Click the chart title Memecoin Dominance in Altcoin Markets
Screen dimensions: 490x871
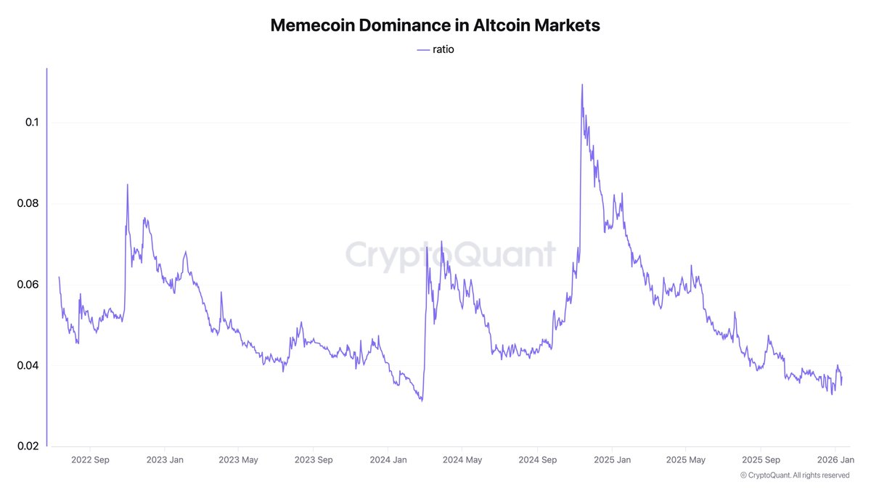[435, 25]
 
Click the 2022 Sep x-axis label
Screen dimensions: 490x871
[90, 460]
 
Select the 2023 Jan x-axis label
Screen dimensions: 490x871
[165, 460]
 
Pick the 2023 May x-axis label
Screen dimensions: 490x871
[239, 460]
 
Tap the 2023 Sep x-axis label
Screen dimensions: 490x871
[314, 460]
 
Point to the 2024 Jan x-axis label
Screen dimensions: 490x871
[388, 460]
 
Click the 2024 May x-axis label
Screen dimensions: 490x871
[462, 460]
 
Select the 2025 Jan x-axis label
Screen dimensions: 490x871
[611, 460]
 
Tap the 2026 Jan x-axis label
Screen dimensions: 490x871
[834, 460]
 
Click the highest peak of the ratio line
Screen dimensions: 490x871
[582, 85]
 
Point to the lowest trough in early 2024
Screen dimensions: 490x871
[421, 401]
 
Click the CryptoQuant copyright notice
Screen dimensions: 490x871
[795, 475]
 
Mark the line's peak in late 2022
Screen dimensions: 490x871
[128, 184]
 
